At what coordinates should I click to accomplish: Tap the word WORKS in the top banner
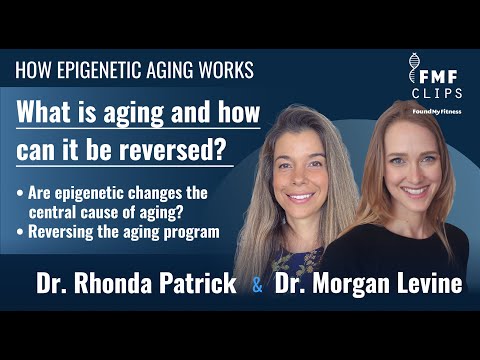coord(226,71)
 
